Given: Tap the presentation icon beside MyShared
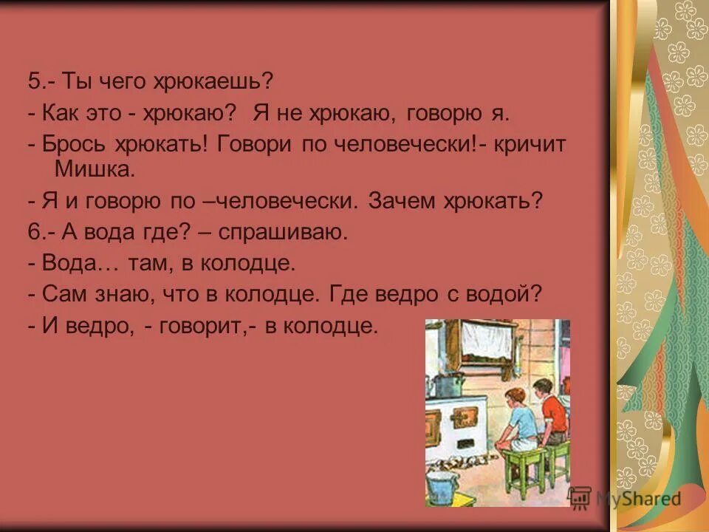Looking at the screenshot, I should (x=580, y=499).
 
